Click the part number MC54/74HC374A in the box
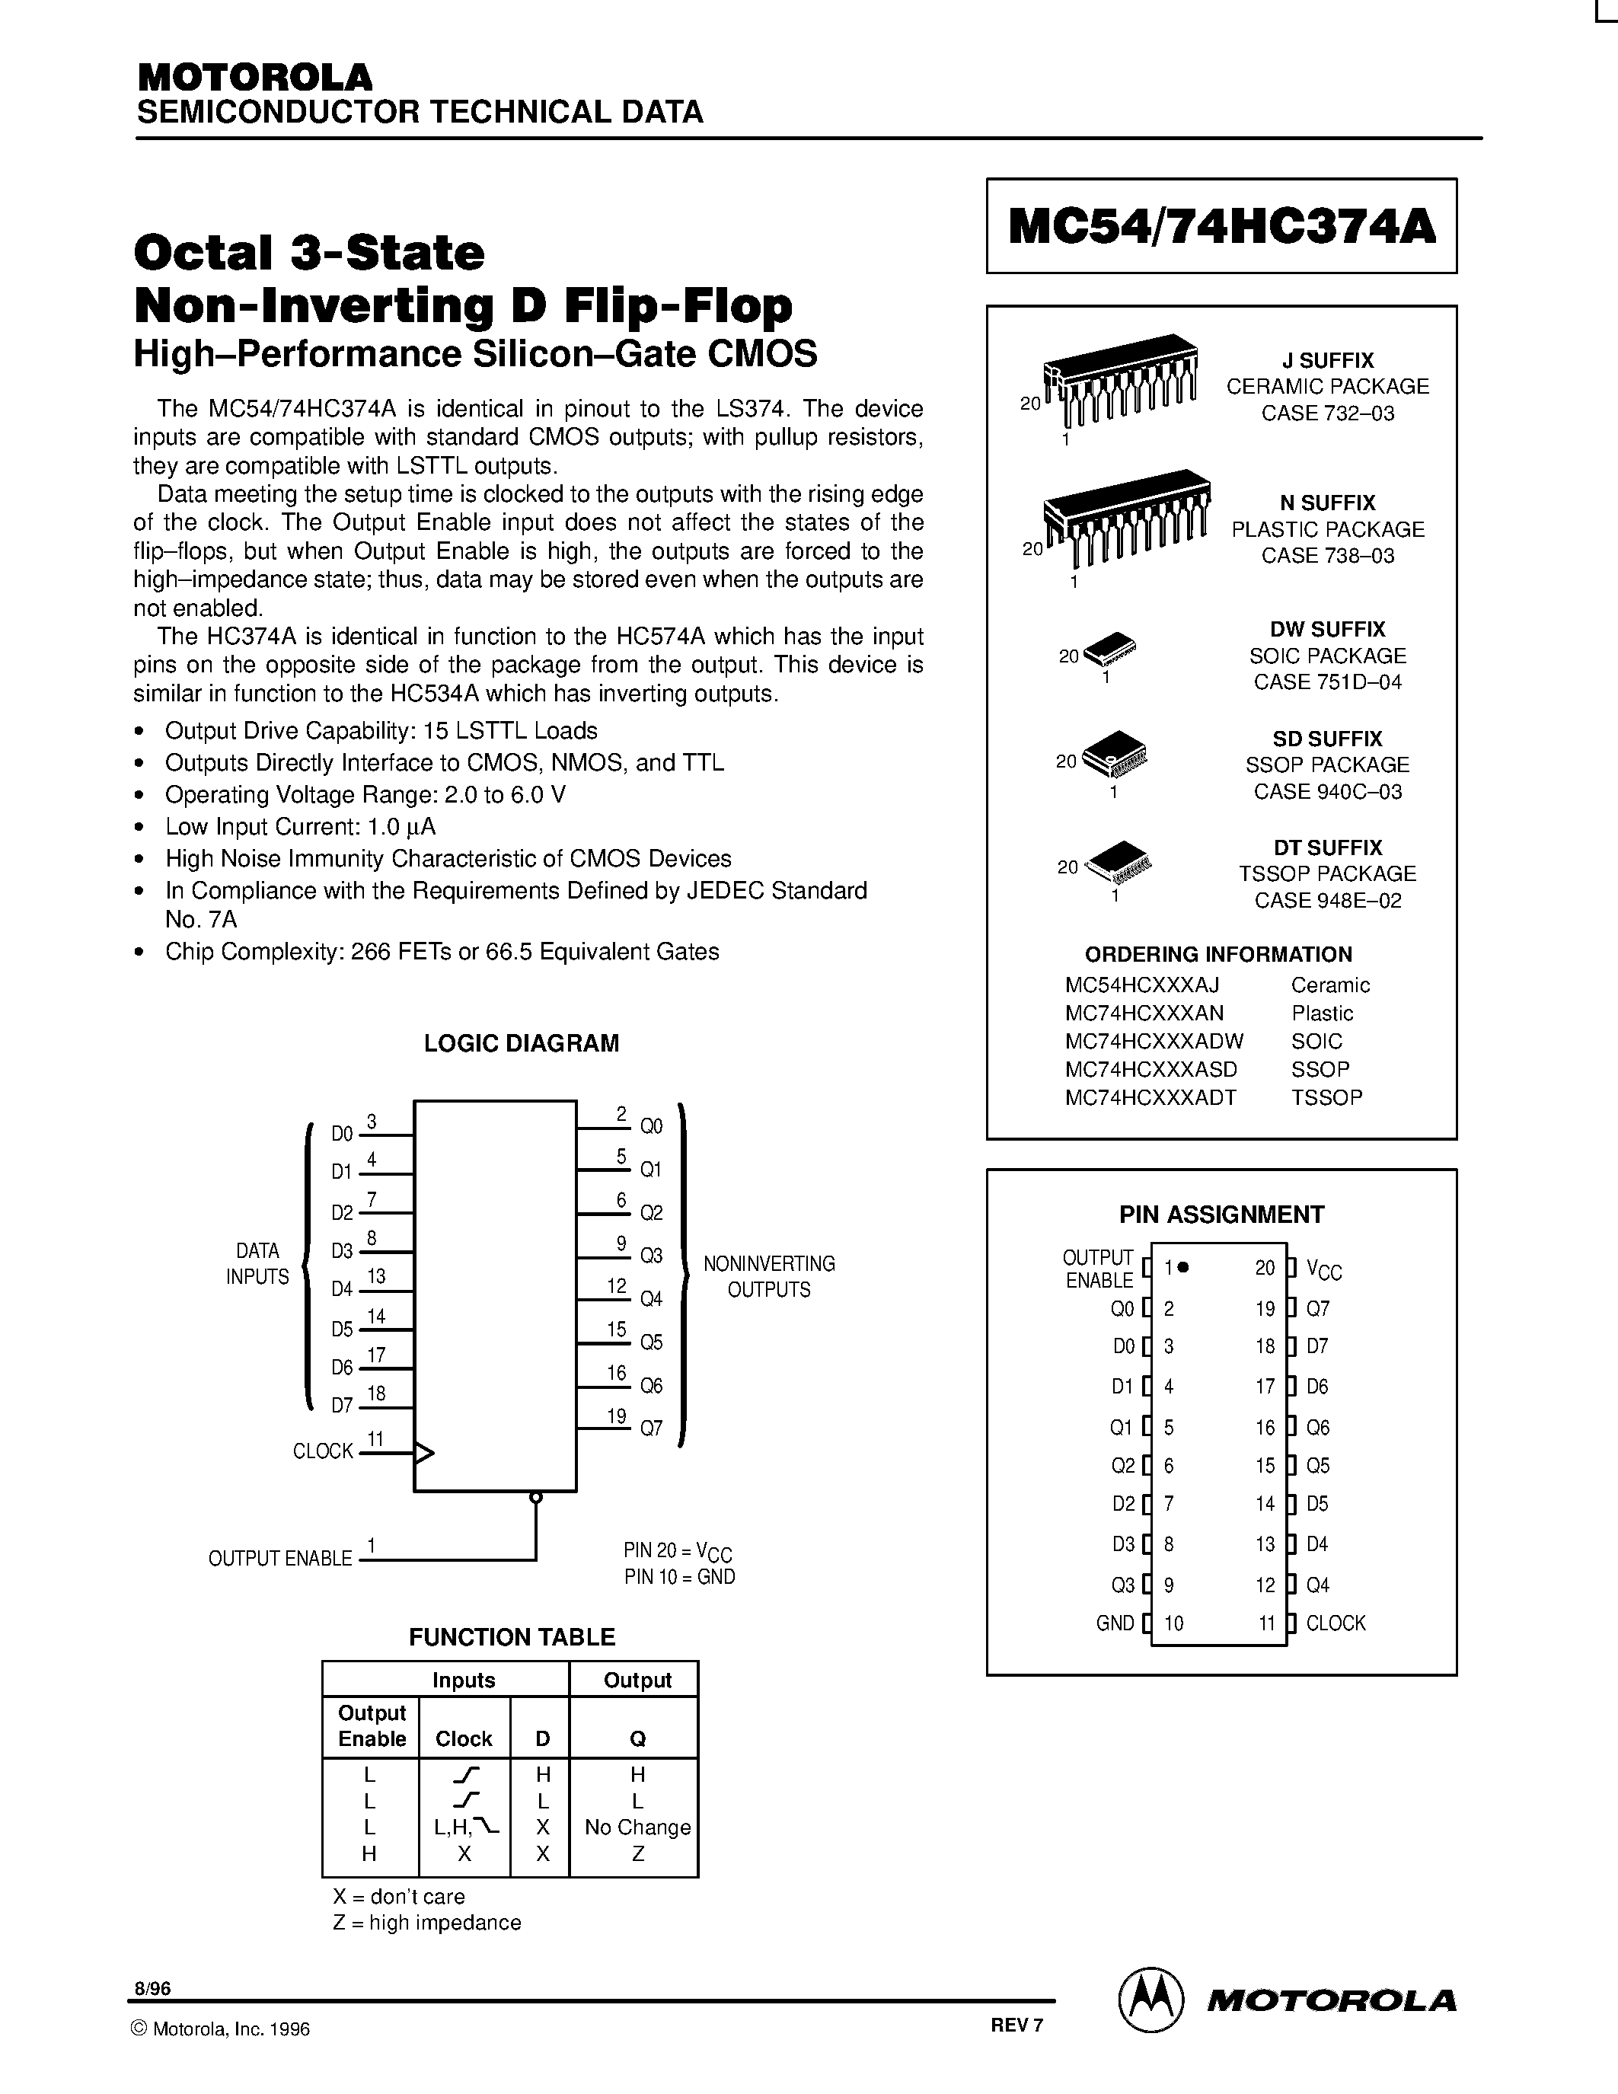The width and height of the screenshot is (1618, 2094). coord(1221,227)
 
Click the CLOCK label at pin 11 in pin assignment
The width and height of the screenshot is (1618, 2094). coord(1336,1623)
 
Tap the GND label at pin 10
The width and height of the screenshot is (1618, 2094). coord(1115,1623)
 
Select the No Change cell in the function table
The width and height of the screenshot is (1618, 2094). coord(637,1827)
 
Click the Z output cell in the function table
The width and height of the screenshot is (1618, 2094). coord(637,1854)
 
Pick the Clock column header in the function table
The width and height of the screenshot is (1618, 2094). coord(464,1738)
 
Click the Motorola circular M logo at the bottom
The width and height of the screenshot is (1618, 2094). coord(1150,2000)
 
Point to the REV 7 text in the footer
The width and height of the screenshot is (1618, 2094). coord(1016,2025)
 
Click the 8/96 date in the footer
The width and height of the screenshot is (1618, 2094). coord(152,1990)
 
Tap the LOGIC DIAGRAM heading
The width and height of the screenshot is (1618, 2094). coord(522,1043)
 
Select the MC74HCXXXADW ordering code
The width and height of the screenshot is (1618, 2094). coord(1154,1041)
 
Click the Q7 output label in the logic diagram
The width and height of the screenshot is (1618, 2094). coord(651,1428)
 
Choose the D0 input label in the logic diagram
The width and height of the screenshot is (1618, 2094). coord(342,1135)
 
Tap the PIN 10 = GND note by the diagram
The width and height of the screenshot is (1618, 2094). coord(680,1577)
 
